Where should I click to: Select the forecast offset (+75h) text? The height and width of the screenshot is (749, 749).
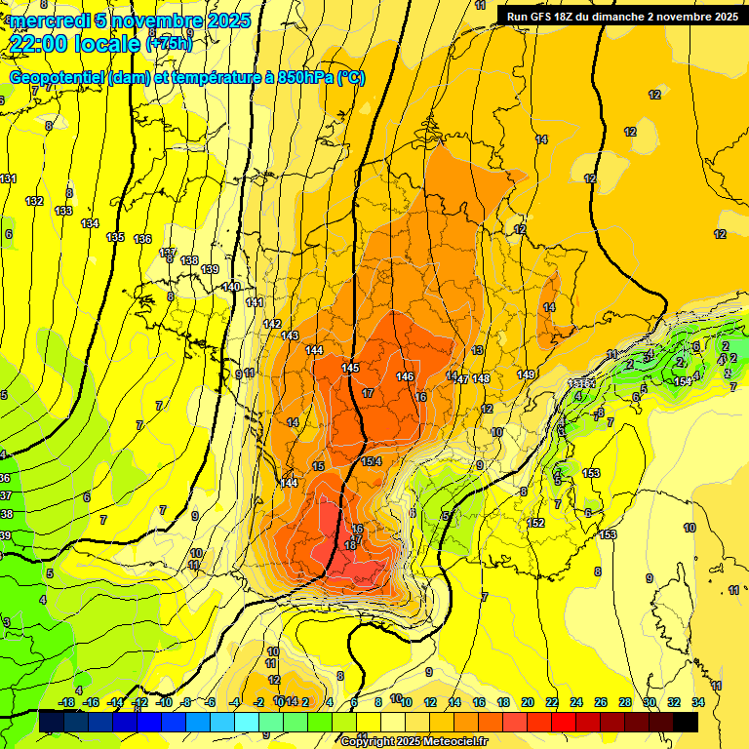(x=169, y=43)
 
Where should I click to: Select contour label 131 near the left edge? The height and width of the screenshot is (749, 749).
(x=9, y=178)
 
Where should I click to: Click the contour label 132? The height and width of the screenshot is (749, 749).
(x=34, y=201)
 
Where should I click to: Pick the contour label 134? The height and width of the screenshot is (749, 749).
(x=90, y=223)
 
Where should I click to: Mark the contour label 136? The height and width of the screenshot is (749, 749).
(x=142, y=239)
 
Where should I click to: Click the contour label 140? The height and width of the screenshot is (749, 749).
(x=231, y=287)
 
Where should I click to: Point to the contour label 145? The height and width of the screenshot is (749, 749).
(x=351, y=368)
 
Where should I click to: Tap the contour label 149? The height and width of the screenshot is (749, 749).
(x=527, y=375)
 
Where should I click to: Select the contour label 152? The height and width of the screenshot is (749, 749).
(x=535, y=524)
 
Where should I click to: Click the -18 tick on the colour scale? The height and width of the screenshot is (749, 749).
(x=67, y=702)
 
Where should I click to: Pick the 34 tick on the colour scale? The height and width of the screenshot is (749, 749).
(x=698, y=702)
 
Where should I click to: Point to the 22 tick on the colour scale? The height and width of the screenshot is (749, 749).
(x=552, y=702)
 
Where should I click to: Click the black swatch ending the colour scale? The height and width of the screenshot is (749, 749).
(x=685, y=722)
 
